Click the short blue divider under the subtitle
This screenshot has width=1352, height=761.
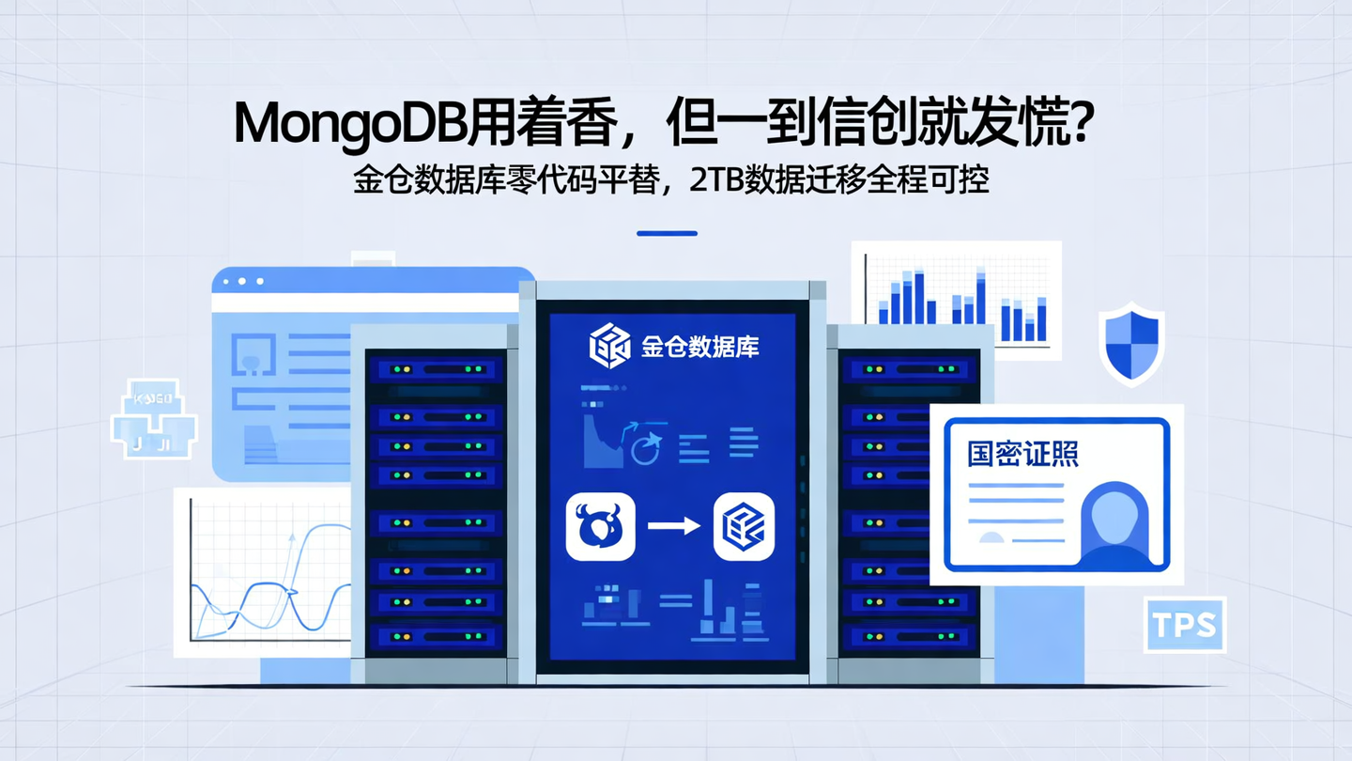click(x=667, y=233)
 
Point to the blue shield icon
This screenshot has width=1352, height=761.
click(x=1131, y=343)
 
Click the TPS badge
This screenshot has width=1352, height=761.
click(x=1185, y=625)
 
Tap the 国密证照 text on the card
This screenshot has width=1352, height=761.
click(x=1022, y=455)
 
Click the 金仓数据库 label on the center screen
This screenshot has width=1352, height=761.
click(x=700, y=347)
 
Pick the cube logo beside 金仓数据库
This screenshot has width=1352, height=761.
click(x=608, y=346)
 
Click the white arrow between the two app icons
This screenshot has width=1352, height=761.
click(x=673, y=526)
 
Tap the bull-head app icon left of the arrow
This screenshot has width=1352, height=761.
click(x=601, y=527)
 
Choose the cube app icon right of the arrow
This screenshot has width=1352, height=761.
click(x=744, y=527)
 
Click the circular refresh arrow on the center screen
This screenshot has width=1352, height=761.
click(x=646, y=449)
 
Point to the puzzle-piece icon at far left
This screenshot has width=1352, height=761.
click(x=153, y=420)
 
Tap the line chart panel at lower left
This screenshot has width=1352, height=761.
click(x=263, y=573)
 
